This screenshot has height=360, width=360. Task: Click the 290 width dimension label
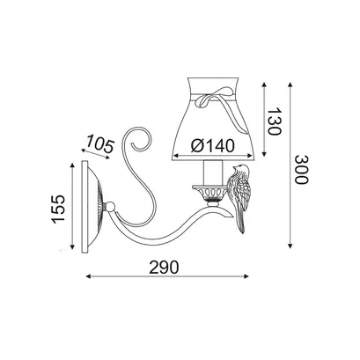(164, 268)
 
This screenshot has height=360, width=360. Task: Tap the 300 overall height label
(302, 169)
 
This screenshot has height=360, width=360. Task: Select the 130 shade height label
(275, 121)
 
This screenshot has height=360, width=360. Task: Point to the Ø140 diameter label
(213, 145)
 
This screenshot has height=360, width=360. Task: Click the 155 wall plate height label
(58, 209)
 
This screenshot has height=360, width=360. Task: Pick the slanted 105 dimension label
(99, 143)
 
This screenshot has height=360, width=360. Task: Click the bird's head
(240, 169)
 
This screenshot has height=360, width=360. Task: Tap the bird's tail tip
(242, 231)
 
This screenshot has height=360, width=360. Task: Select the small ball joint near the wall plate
(110, 206)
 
